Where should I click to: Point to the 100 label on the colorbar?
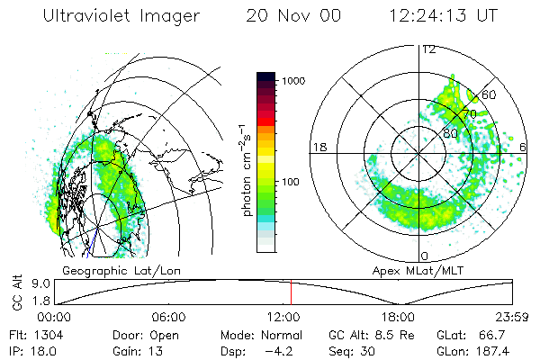pyautogui.click(x=292, y=183)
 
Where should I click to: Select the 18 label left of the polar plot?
pyautogui.click(x=318, y=146)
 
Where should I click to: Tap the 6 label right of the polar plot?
pyautogui.click(x=525, y=146)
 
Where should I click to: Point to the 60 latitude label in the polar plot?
pyautogui.click(x=489, y=94)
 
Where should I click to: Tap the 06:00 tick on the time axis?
pyautogui.click(x=168, y=317)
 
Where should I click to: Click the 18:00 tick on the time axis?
pyautogui.click(x=398, y=317)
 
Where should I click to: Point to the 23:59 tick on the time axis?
pyautogui.click(x=511, y=317)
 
